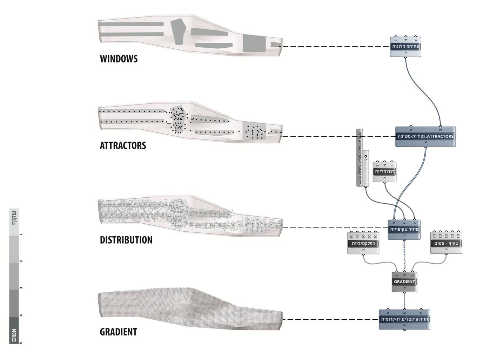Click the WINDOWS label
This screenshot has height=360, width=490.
(119, 59)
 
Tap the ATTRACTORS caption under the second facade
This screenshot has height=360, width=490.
(123, 145)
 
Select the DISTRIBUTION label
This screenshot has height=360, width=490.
(126, 240)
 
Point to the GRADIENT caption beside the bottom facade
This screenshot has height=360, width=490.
(118, 332)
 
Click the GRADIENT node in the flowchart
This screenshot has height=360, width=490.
(404, 282)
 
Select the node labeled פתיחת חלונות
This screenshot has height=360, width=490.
(405, 47)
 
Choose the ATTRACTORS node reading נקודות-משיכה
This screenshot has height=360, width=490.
(425, 136)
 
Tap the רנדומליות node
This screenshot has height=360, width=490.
(384, 172)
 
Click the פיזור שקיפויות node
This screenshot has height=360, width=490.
(404, 230)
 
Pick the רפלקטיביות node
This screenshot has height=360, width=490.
(363, 243)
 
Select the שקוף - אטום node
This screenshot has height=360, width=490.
(446, 243)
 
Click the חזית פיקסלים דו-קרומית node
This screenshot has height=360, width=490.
(404, 319)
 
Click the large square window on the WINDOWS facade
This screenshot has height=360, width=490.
(254, 44)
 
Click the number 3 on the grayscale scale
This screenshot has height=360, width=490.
(21, 288)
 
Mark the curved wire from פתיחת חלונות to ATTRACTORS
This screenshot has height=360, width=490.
(426, 91)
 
